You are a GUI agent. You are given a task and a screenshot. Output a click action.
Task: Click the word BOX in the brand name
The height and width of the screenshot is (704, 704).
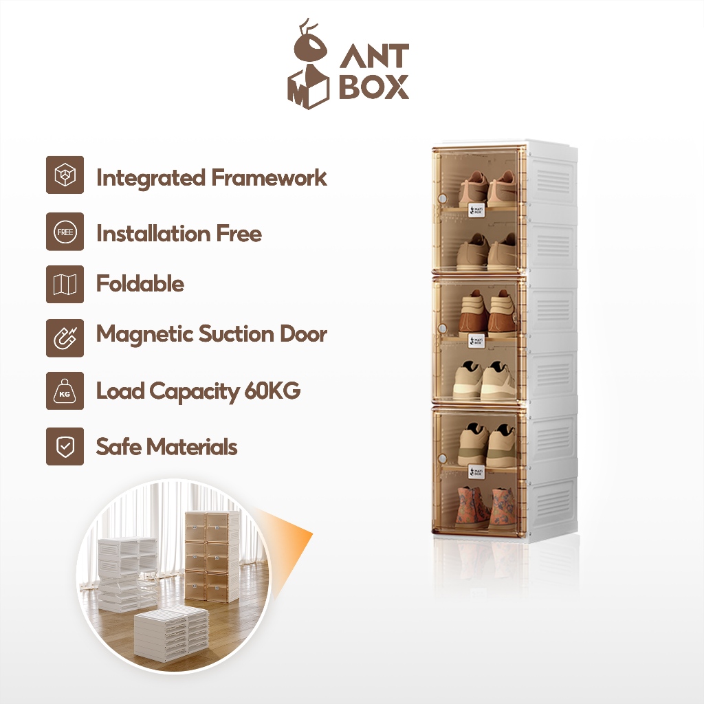(374, 88)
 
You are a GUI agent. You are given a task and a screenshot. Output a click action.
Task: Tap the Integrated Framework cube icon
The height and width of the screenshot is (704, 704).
(65, 175)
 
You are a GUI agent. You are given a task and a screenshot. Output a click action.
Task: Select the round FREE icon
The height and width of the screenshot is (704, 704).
(65, 232)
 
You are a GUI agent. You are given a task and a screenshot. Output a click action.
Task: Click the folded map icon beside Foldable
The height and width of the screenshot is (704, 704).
(65, 284)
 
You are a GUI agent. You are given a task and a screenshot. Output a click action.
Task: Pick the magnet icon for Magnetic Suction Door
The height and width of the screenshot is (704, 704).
(65, 337)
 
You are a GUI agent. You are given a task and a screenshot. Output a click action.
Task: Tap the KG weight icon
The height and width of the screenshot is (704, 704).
(65, 390)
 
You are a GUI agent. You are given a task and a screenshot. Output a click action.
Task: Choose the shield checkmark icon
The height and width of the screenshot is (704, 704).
(65, 446)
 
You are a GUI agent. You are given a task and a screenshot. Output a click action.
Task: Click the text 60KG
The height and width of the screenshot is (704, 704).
(272, 390)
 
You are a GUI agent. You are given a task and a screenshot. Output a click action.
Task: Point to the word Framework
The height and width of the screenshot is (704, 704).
(269, 177)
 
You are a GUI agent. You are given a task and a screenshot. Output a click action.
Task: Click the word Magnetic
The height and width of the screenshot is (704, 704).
(144, 334)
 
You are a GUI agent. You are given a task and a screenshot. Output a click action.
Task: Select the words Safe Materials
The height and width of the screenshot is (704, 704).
(166, 447)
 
